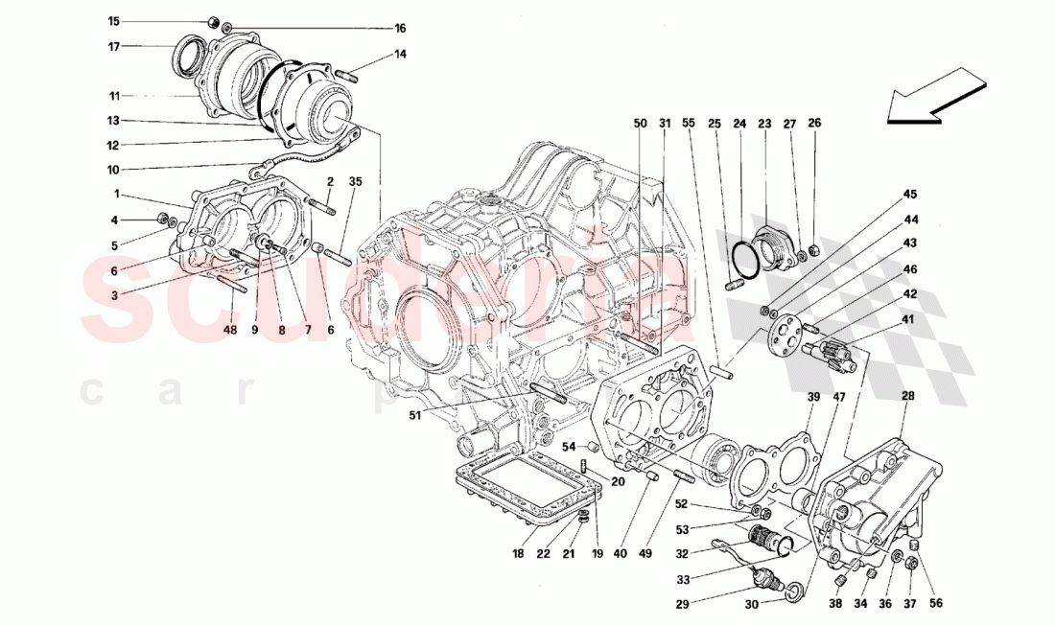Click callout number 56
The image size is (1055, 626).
tap(936, 603)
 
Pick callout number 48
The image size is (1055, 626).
tap(229, 331)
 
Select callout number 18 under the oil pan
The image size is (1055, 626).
tap(517, 554)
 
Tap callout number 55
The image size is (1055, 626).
tap(688, 124)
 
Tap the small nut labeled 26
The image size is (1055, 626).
tap(813, 251)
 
